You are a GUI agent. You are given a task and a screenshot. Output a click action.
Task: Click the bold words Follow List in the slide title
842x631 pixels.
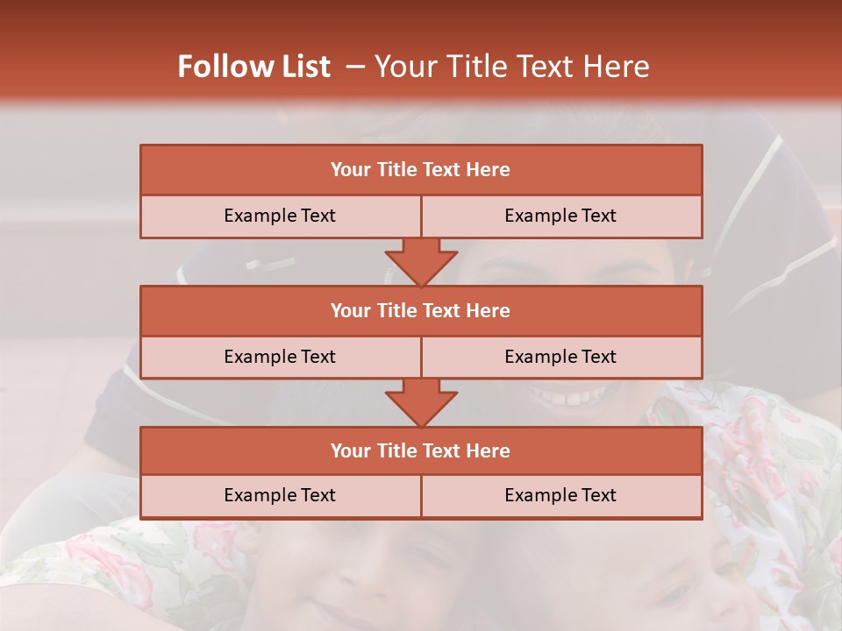tap(253, 67)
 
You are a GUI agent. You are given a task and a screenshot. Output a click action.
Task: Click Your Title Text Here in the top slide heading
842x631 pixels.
tap(512, 67)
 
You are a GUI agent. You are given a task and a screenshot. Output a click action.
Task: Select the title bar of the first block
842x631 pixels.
tap(421, 170)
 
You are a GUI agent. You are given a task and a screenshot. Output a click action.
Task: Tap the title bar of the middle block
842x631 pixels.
tap(421, 310)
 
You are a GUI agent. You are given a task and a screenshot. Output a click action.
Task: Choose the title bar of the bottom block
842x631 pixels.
tap(421, 450)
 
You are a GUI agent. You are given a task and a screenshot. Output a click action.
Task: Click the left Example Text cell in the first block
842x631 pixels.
tap(280, 216)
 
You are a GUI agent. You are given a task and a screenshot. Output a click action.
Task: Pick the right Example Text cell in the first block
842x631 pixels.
tap(560, 216)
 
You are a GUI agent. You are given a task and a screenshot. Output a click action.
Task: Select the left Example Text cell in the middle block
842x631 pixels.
tap(280, 357)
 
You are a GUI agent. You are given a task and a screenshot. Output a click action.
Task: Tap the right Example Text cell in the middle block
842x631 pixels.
tap(560, 357)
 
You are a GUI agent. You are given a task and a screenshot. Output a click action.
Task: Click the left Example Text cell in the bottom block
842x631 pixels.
tap(280, 495)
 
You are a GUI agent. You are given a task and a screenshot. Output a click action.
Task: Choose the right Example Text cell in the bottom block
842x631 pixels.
tap(560, 495)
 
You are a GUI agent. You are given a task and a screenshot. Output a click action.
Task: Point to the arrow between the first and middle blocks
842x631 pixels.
tap(421, 262)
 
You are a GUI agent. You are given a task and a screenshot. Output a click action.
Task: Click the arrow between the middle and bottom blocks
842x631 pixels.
tap(421, 402)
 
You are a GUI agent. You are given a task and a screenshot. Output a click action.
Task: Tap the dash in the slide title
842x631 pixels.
tap(355, 67)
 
